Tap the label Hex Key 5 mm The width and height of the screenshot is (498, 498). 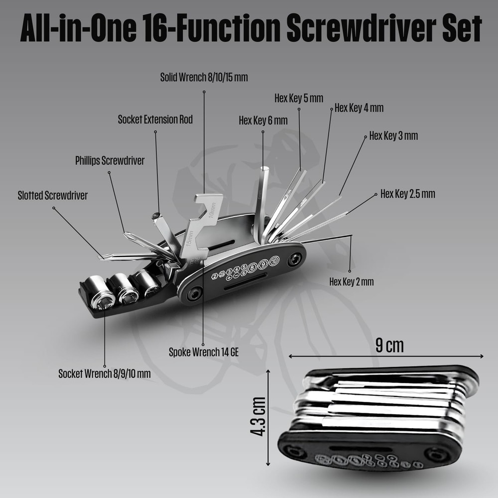click(x=299, y=98)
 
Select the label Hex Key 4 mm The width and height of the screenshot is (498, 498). click(x=359, y=108)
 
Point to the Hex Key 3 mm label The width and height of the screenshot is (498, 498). click(x=393, y=136)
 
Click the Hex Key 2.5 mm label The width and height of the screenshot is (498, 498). click(x=407, y=194)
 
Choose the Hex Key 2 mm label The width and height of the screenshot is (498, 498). click(x=351, y=282)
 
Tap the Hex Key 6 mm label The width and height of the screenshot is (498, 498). click(x=263, y=121)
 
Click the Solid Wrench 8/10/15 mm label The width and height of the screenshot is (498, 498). click(x=204, y=78)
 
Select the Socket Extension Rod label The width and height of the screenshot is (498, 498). click(x=155, y=120)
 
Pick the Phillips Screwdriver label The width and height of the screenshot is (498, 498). click(x=110, y=161)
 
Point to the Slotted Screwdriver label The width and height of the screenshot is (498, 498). click(x=52, y=196)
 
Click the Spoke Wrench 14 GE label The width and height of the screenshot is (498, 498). click(x=204, y=352)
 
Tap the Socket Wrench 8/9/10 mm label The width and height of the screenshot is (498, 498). click(x=104, y=373)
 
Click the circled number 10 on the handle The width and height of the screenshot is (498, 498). click(x=274, y=260)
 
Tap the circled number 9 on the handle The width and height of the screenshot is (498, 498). click(x=263, y=263)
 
